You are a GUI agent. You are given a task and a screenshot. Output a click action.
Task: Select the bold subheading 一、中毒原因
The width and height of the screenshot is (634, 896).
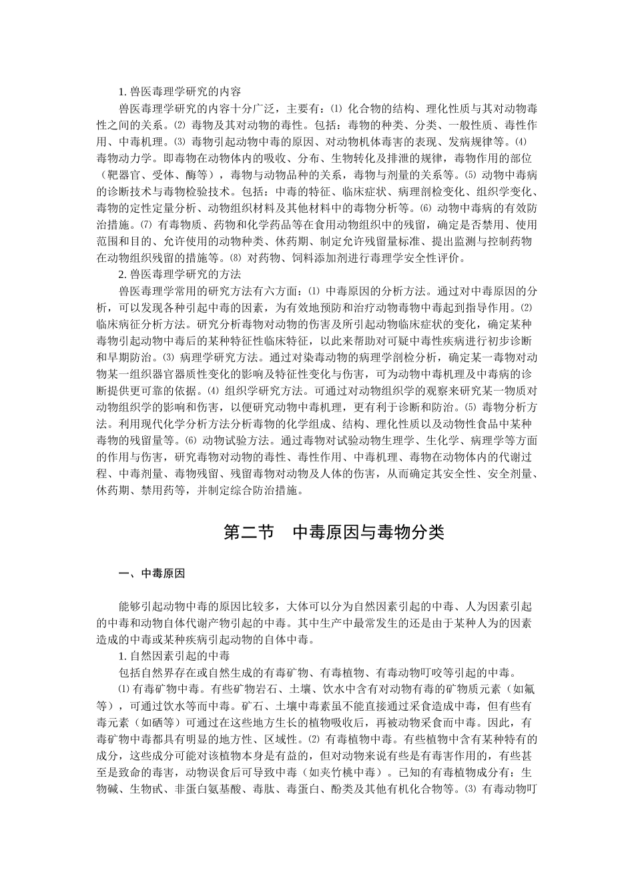(151, 573)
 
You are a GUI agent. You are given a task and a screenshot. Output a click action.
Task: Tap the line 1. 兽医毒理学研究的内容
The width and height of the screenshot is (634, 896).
(180, 91)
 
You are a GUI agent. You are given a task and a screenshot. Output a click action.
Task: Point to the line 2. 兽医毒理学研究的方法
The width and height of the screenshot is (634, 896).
(180, 274)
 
